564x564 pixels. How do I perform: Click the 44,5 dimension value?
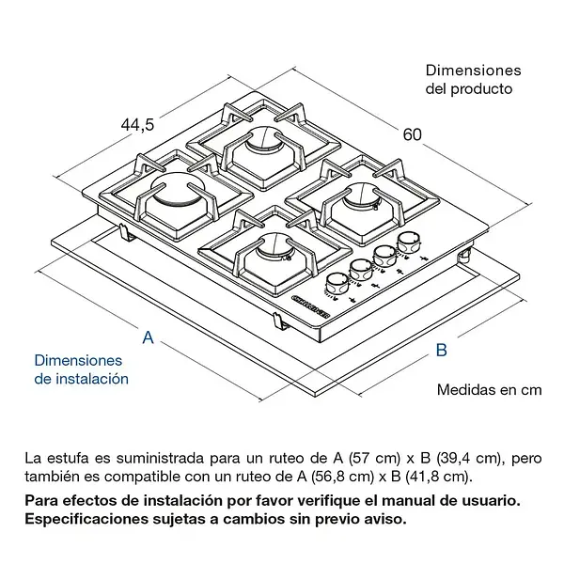point(137,124)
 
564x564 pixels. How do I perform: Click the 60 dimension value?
point(412,134)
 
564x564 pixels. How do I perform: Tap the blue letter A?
point(148,337)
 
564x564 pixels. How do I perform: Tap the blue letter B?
point(440,351)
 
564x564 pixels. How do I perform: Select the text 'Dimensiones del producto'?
point(473,80)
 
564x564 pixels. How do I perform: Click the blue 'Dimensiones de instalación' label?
point(80,369)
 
